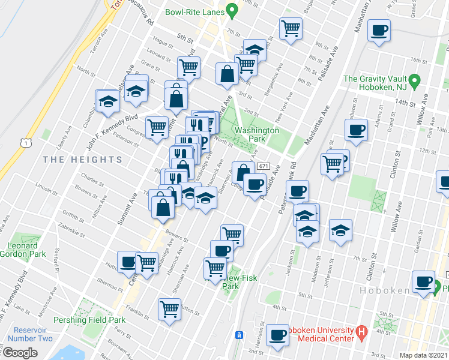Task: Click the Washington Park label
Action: click(x=257, y=134)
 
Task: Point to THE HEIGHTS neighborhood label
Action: click(x=83, y=160)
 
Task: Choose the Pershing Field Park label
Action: click(x=90, y=320)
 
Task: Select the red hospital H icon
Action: click(x=361, y=331)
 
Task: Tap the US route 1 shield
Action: click(x=25, y=142)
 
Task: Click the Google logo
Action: click(x=20, y=352)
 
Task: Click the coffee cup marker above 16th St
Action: click(x=379, y=31)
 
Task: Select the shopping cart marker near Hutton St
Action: click(x=170, y=310)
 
